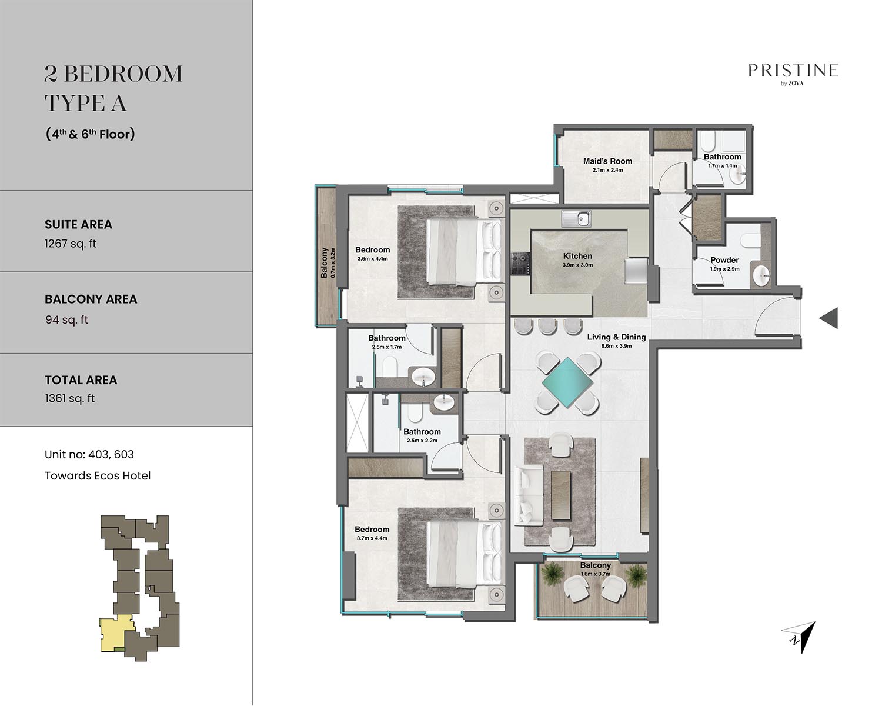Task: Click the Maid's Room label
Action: pos(607,161)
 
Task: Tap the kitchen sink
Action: pos(576,219)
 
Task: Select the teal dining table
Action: pos(567,382)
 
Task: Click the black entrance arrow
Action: pos(828,318)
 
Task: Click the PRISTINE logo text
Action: pos(793,70)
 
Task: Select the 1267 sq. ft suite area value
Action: pos(71,244)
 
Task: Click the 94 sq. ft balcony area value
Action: pos(67,319)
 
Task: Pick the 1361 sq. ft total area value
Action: pos(69,398)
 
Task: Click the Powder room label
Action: pos(724,260)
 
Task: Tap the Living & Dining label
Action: pos(616,337)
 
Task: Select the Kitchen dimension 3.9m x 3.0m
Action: pos(577,265)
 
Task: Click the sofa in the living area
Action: pos(529,495)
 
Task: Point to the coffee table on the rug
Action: pos(561,496)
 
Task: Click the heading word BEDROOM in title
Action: pos(123,74)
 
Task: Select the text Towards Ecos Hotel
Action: pos(98,475)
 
